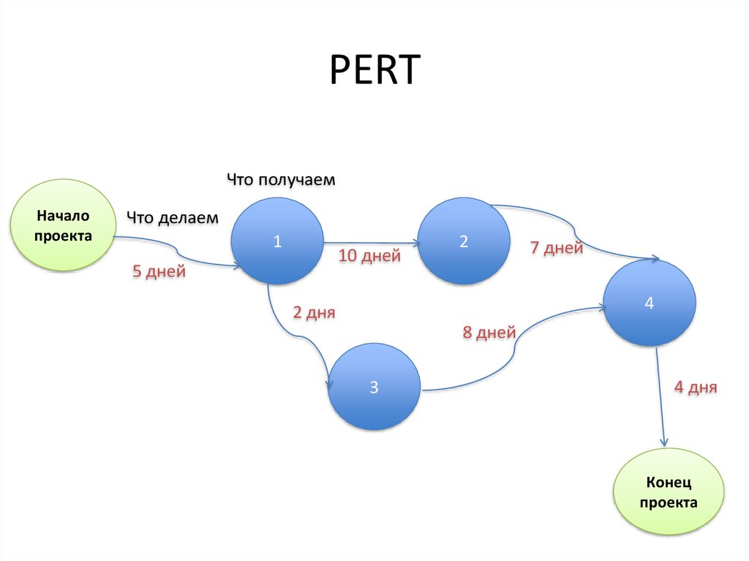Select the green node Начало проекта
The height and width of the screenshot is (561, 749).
tap(64, 225)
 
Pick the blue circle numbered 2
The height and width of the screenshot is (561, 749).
tap(464, 243)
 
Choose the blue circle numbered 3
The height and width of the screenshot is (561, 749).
tap(374, 388)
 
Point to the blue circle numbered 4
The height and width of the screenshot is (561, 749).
tap(649, 304)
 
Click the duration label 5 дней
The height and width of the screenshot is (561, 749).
tap(159, 272)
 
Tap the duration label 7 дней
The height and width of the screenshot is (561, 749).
tap(557, 249)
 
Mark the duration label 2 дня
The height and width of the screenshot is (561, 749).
tap(314, 313)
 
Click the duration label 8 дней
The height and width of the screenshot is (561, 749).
tap(489, 334)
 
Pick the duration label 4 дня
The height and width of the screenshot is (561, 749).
tap(696, 388)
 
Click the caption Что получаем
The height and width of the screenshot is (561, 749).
tap(281, 179)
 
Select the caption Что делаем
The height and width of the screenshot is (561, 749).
tap(173, 217)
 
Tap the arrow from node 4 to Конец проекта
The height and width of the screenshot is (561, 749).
tap(660, 399)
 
